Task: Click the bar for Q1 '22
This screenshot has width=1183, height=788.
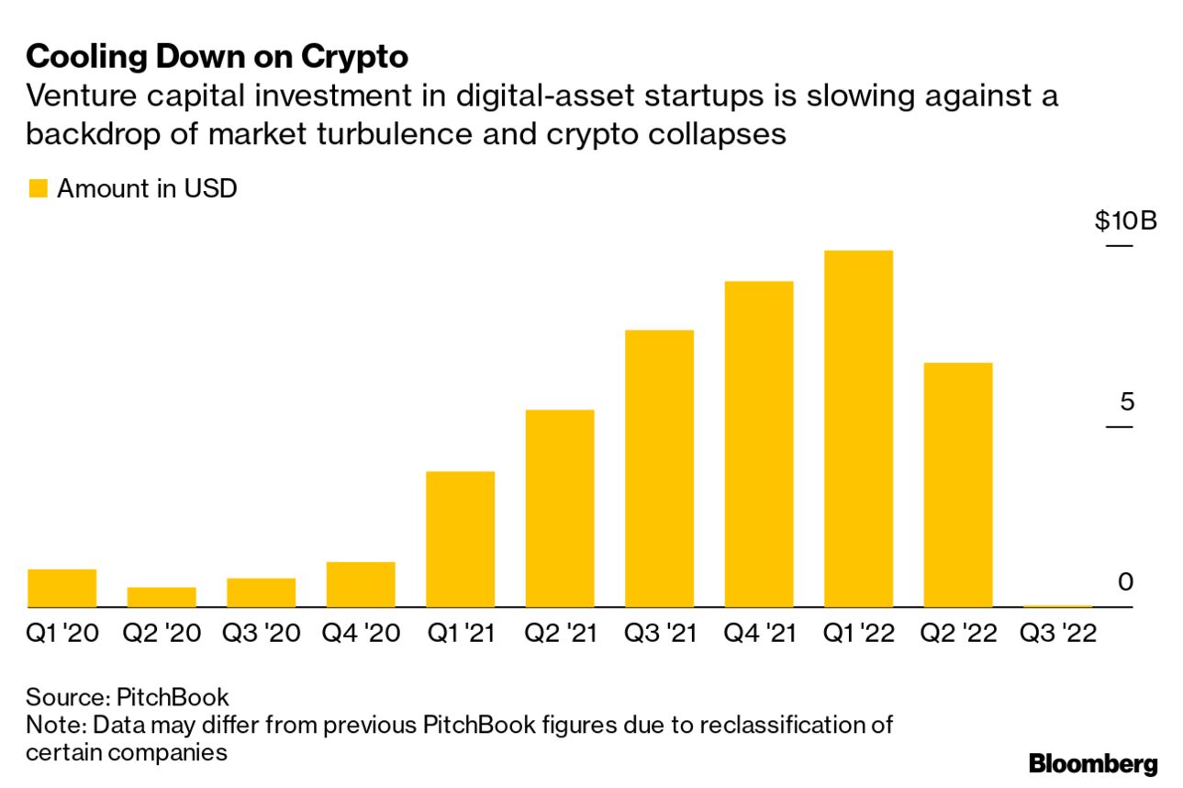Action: tap(858, 429)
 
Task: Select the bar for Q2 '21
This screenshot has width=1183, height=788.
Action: tap(560, 509)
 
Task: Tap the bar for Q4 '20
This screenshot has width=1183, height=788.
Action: tap(361, 585)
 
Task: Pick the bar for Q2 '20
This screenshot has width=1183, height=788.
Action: tap(162, 597)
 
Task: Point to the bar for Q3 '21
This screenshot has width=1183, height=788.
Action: tap(659, 468)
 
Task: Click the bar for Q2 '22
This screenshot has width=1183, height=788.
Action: tap(957, 485)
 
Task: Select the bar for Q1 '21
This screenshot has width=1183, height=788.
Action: tap(461, 539)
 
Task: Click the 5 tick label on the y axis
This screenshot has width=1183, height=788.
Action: tap(1126, 402)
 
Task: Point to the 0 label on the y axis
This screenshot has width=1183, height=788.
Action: tap(1126, 582)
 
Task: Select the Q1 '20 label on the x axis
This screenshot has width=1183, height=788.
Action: tap(62, 634)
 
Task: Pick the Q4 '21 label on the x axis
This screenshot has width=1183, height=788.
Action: tap(759, 634)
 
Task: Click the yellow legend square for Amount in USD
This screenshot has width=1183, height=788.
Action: tap(38, 189)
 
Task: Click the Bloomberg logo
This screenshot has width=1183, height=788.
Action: tap(1093, 763)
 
